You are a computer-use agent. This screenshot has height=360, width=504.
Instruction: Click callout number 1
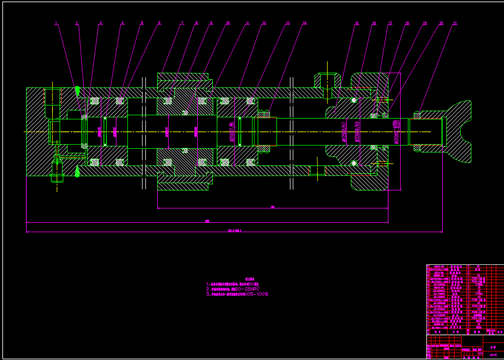coord(56,23)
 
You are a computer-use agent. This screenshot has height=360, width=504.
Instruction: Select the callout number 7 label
coord(182,23)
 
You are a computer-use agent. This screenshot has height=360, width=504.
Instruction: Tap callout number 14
coord(304,23)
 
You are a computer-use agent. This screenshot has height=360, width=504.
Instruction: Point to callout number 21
coord(455,23)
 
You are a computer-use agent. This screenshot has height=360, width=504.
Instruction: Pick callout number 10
coord(227,23)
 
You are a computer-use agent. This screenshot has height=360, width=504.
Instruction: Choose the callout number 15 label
coord(357,23)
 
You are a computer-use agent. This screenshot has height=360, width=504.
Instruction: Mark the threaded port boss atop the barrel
coord(327,81)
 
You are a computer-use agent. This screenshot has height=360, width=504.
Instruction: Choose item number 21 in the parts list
coord(429,266)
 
